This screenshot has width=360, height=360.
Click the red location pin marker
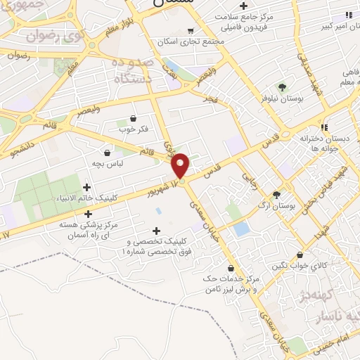181,165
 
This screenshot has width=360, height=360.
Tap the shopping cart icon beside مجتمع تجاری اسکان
191,30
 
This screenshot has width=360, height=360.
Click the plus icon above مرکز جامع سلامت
243,6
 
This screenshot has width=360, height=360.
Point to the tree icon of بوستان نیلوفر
282,87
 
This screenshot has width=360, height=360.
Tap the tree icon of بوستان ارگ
276,195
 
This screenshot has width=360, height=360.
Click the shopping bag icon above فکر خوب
134,117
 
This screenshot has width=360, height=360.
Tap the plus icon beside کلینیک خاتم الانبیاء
86,187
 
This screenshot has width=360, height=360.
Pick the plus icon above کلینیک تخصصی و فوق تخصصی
156,231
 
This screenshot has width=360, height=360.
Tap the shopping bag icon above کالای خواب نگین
300,255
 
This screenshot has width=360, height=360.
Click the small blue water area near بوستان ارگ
241,229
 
